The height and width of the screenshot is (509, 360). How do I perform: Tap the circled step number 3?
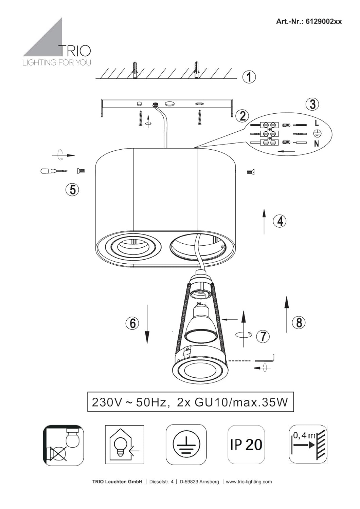coord(312,104)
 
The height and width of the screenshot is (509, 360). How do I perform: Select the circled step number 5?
coord(72,189)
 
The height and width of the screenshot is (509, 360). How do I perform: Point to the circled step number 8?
coord(299,322)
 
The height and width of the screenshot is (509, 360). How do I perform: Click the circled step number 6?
coord(132,323)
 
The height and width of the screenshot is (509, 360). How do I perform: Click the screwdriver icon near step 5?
coord(54,171)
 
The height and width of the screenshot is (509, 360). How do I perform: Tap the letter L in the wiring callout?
coord(317,123)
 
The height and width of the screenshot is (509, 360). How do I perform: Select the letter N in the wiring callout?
coord(316,144)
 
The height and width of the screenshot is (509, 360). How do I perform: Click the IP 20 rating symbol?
coord(246,444)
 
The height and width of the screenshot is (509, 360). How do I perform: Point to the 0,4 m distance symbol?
coord(308,444)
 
